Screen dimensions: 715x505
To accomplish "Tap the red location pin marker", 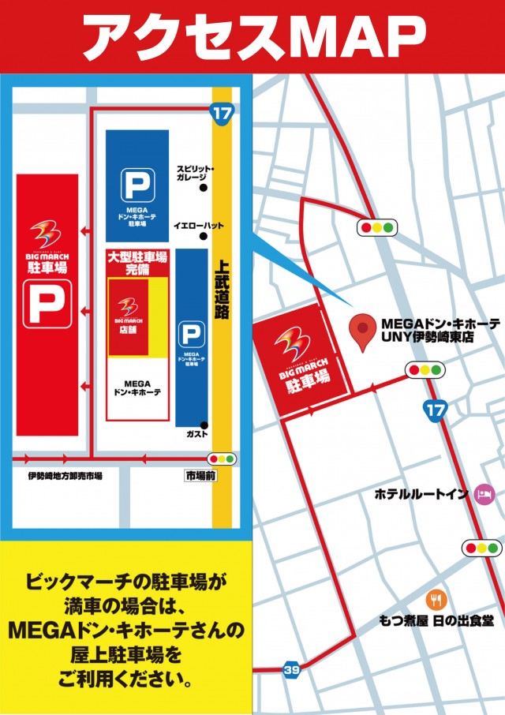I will click(362, 332).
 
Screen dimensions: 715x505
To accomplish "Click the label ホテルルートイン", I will click(421, 495).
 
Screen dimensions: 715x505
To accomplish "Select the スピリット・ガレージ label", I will click(195, 174).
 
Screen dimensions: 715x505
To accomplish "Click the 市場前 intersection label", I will click(201, 477).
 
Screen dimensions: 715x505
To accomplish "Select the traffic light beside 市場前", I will click(221, 459).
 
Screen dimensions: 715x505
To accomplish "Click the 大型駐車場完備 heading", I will click(137, 263).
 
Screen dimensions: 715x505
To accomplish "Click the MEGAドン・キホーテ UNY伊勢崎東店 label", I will click(440, 330).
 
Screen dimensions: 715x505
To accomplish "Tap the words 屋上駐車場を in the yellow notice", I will click(129, 654).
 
